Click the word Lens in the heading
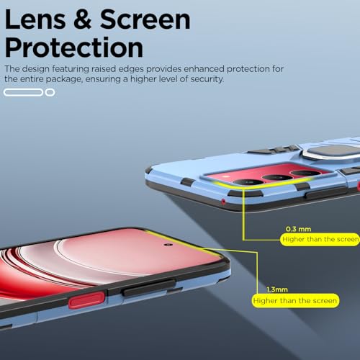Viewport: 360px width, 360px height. click(35, 19)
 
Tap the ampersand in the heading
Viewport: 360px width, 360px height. click(82, 19)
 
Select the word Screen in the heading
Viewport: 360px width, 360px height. click(145, 19)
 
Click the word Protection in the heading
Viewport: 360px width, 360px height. click(74, 48)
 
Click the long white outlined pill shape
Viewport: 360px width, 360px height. click(23, 92)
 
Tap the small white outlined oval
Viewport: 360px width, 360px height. click(50, 92)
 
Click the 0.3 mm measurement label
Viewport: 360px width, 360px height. click(298, 229)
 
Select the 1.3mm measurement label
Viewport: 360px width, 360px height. click(277, 289)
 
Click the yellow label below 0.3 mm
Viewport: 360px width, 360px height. click(320, 239)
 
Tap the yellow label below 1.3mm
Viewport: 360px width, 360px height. click(295, 300)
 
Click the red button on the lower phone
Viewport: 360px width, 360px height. click(86, 300)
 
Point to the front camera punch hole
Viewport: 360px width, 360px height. click(168, 245)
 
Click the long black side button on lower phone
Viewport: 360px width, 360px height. click(149, 287)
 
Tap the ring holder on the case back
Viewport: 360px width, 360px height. click(330, 153)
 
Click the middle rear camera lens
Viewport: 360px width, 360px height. click(277, 178)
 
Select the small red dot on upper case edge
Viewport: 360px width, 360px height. click(223, 202)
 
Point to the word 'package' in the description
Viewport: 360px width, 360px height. click(63, 79)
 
